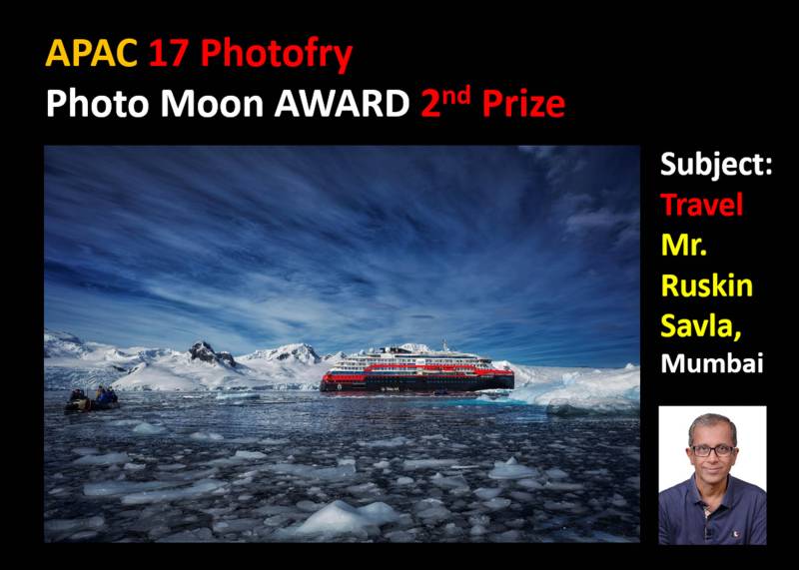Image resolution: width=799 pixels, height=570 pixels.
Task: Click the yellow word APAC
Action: point(92,53)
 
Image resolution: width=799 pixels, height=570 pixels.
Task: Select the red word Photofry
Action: point(277,55)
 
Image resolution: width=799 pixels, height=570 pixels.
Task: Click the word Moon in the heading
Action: point(212,104)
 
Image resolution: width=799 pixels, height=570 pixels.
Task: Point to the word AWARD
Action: point(342,104)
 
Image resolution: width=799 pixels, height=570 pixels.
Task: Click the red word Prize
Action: point(523,104)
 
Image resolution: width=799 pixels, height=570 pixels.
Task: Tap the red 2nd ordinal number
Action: point(445,101)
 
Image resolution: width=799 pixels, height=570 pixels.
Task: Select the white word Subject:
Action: point(716,164)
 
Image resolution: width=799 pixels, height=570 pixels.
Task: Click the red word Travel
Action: point(702,205)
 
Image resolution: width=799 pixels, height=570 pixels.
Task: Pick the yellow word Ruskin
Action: point(707,285)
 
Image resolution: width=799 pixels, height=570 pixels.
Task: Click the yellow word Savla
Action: point(701,325)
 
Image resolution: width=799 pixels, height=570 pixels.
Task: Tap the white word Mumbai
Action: point(712,363)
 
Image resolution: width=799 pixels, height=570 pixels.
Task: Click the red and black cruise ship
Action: point(416,370)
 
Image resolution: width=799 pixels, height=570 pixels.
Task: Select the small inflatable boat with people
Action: point(92,400)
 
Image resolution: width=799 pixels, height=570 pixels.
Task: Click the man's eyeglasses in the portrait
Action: point(713,451)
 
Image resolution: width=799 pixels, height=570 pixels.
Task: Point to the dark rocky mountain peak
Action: point(211,354)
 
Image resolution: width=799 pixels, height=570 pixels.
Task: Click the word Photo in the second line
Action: point(97,104)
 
